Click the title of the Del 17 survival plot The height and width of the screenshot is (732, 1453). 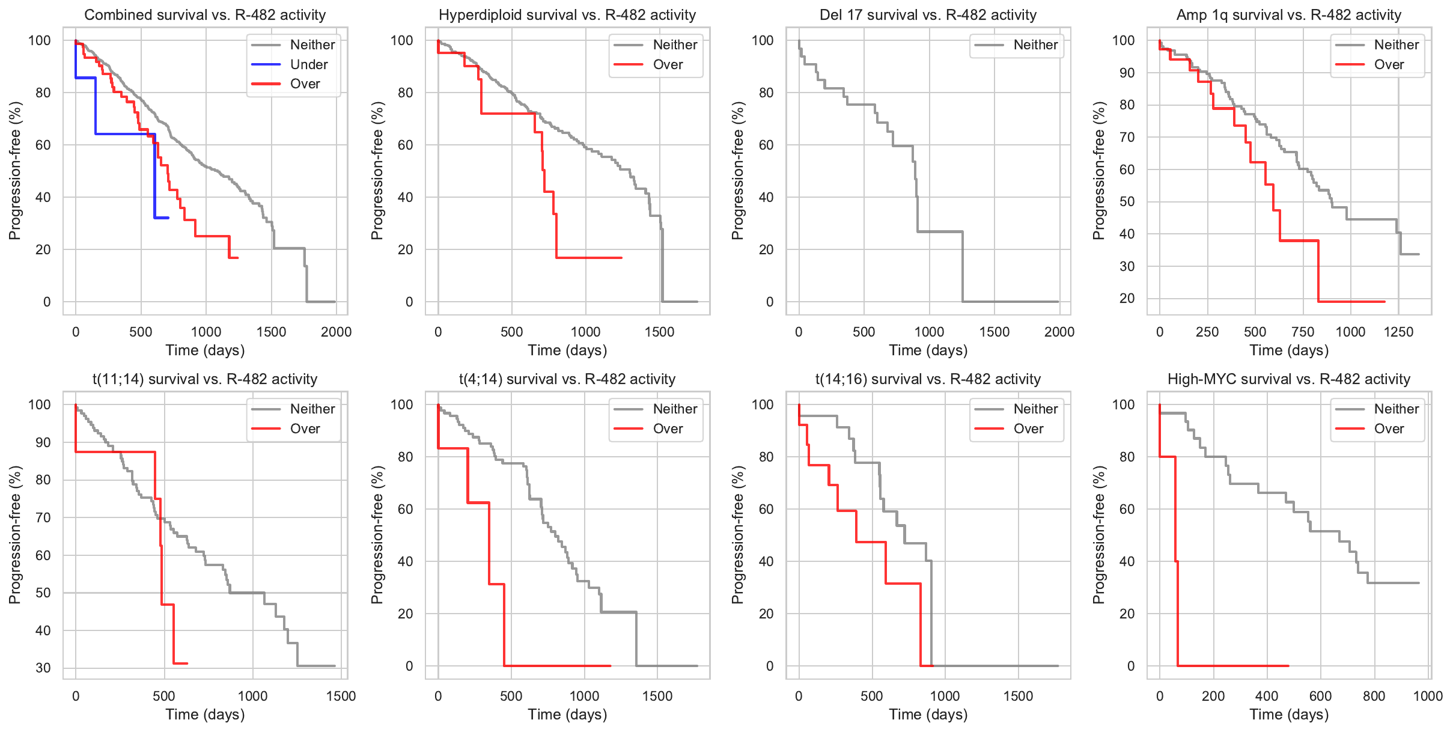click(928, 15)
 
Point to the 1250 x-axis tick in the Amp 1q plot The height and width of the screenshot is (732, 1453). click(1398, 332)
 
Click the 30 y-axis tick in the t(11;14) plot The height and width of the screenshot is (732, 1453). click(43, 668)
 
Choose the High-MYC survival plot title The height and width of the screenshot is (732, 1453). click(1288, 379)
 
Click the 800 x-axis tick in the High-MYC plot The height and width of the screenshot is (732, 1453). click(1374, 696)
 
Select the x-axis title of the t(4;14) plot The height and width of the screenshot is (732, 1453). click(567, 715)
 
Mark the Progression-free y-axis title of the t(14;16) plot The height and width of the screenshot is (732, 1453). click(738, 535)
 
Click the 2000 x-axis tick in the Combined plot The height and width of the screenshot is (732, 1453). click(336, 332)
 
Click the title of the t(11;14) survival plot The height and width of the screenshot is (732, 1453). click(205, 379)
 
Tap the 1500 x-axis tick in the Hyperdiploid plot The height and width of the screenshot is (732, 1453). click(659, 332)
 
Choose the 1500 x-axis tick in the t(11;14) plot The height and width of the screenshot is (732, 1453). click(341, 696)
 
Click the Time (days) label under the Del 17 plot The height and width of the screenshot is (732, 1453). click(928, 350)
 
